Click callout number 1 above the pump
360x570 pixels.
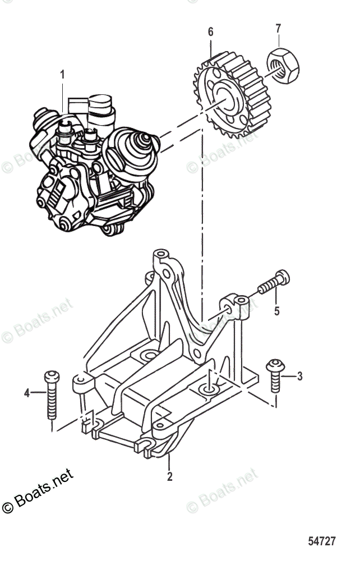62,74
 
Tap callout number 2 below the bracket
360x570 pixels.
169,477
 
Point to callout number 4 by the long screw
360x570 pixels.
26,393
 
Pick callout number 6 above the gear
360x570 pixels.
211,32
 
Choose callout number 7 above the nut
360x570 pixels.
278,27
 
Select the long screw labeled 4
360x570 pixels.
52,399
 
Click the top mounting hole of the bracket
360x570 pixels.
161,255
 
